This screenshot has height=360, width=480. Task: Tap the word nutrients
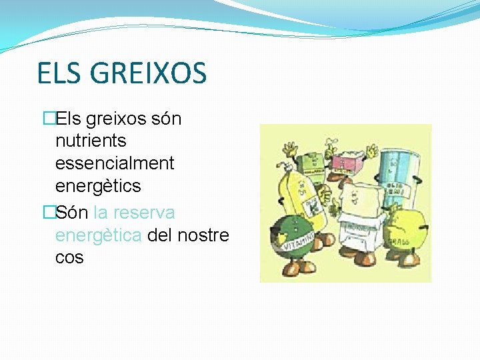[91, 141]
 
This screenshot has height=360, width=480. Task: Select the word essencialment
[115, 163]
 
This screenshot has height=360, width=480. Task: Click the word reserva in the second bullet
[144, 213]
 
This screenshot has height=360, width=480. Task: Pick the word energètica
[98, 235]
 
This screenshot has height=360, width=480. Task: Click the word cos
[69, 257]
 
